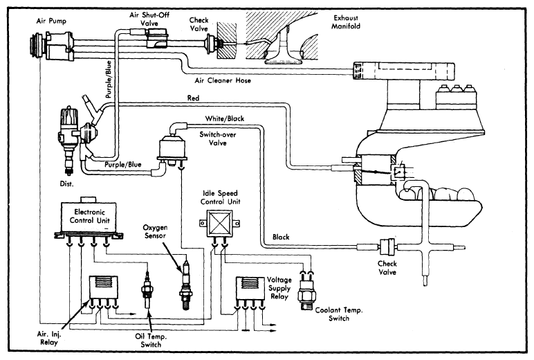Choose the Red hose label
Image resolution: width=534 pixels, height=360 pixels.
click(194, 99)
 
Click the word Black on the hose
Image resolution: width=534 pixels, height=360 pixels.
click(282, 236)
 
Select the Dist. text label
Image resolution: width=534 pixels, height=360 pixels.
click(68, 185)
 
